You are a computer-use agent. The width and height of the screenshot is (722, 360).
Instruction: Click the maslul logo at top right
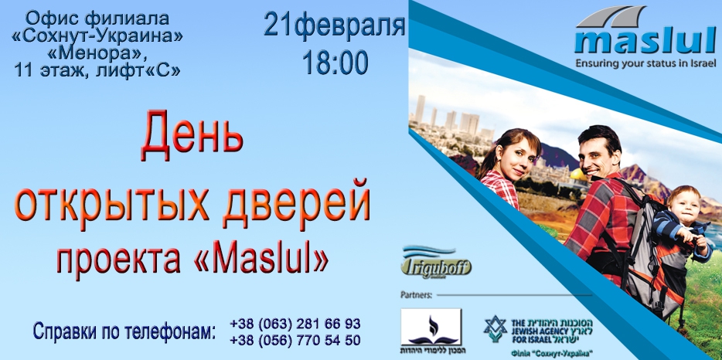pos(642,35)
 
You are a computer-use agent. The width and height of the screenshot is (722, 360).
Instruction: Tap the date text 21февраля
pos(334,25)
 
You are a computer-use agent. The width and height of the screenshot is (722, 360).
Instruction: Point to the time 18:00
pos(335,63)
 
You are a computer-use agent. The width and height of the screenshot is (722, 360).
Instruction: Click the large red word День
pos(192,136)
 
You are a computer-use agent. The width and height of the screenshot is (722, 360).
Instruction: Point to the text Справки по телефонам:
pos(123,332)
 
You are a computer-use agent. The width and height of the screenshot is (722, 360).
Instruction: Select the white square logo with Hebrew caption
pos(431,331)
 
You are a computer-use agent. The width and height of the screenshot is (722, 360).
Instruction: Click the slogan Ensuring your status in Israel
pos(641,65)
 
